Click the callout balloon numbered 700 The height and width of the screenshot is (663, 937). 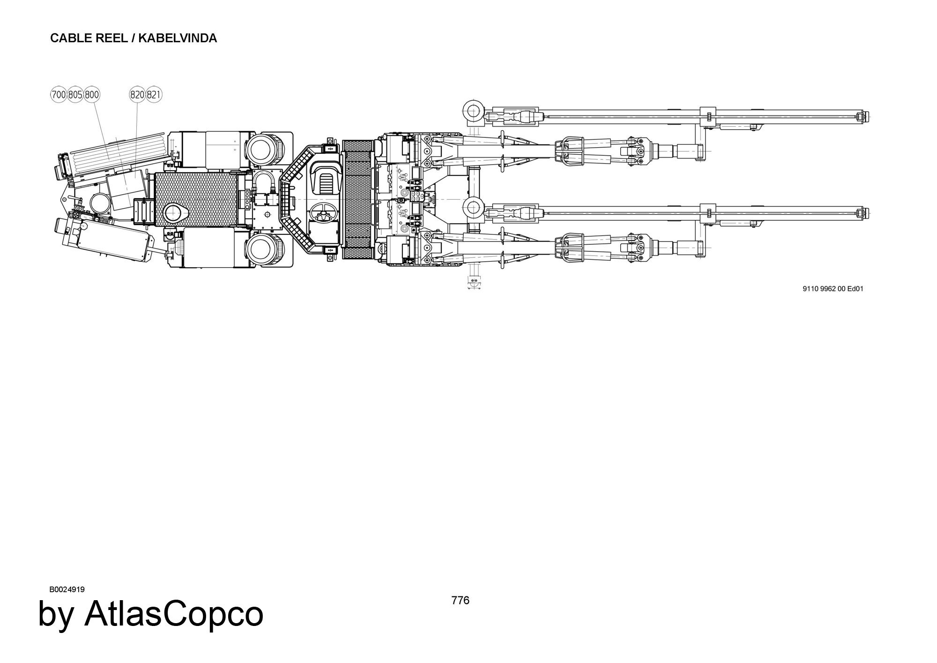point(59,95)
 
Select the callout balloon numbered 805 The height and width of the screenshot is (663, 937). point(75,95)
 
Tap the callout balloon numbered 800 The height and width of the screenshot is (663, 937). point(92,95)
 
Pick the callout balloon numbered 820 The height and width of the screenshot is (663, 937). point(137,95)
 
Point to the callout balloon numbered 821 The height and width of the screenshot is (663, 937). point(154,95)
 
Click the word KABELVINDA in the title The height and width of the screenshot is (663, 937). point(178,38)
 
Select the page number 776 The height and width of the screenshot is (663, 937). point(460,600)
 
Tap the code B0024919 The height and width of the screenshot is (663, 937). point(67,589)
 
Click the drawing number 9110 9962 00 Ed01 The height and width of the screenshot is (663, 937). point(833,289)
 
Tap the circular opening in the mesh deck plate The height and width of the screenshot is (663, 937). point(175,213)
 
